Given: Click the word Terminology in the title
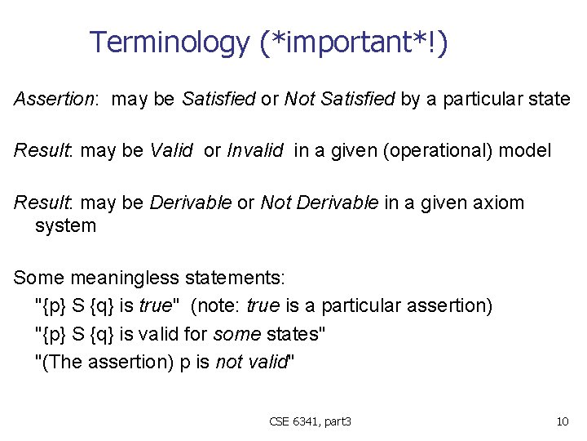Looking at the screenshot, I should pos(169,42).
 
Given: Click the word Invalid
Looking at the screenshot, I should pos(254,151).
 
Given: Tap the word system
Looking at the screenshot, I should pos(65,225).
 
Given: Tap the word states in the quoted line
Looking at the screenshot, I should pos(297,334).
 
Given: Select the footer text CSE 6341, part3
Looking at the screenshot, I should pos(310,421).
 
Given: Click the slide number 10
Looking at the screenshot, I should pos(562,421).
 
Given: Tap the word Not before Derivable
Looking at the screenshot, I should pos(274,203).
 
